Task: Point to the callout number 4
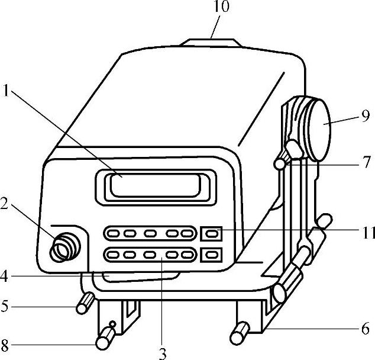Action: pos(6,275)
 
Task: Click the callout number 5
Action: pos(5,308)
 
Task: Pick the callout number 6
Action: pos(366,327)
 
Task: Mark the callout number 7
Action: pos(367,161)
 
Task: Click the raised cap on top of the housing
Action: pos(211,43)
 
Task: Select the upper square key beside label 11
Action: pos(212,234)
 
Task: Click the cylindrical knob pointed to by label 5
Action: pos(84,303)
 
